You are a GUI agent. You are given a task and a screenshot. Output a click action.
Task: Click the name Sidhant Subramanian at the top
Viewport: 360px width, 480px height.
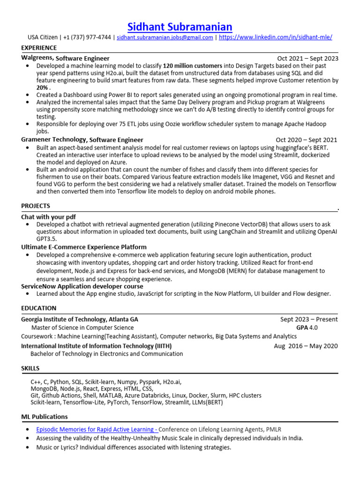coord(180,26)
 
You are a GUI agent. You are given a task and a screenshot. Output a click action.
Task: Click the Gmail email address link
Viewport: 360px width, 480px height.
coord(165,37)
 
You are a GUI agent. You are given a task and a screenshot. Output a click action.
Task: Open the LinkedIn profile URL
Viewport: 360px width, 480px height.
coord(276,37)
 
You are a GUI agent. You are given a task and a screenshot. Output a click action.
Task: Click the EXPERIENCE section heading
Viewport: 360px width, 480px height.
coord(39,48)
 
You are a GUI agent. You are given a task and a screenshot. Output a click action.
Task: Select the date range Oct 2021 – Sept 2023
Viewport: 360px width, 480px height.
coord(307,59)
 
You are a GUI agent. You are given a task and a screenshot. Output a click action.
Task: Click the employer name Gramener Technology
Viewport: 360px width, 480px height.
coord(54,140)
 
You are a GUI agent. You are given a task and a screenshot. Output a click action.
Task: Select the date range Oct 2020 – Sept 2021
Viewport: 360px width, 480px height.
coord(306,140)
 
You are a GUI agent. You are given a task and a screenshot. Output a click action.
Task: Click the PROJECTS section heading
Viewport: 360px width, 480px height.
coord(36,206)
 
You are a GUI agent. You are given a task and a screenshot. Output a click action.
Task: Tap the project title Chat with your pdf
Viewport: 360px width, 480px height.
coord(48,217)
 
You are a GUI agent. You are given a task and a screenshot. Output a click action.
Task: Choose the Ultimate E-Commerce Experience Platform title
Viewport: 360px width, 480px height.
coord(84,247)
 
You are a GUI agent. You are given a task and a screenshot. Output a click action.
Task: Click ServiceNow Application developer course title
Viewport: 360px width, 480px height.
coord(82,286)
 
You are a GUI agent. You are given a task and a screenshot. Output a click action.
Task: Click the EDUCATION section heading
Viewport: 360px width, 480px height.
coord(38,308)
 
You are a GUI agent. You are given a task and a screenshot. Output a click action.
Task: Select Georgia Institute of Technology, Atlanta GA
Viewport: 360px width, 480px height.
coord(80,319)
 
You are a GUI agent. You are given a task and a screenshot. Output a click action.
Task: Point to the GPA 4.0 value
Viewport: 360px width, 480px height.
coord(307,328)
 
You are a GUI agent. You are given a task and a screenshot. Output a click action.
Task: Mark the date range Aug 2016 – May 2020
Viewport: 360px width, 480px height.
coord(306,346)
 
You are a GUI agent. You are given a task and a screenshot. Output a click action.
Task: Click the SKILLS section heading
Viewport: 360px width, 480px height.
coord(30,368)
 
